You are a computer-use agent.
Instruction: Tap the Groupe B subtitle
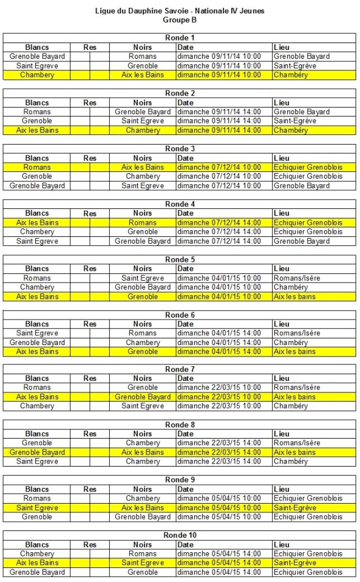click(180, 19)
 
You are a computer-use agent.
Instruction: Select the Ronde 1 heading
click(180, 38)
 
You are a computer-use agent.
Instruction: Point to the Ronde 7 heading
click(180, 369)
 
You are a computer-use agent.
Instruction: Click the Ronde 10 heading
click(180, 535)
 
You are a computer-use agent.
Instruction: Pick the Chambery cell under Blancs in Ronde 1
click(37, 75)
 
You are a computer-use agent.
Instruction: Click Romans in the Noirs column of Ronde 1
click(143, 56)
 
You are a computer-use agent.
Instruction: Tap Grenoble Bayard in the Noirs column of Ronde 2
click(143, 112)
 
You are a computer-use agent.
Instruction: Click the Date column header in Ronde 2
click(186, 103)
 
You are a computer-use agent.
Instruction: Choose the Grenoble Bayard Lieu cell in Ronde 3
click(302, 185)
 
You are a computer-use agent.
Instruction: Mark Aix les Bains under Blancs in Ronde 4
click(37, 222)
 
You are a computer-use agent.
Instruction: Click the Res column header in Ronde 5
click(90, 269)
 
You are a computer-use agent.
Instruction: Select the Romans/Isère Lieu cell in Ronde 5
click(297, 278)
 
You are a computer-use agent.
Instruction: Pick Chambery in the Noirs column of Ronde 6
click(143, 343)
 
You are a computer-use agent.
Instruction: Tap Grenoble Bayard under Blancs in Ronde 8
click(37, 452)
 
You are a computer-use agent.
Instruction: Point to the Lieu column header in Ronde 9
click(282, 489)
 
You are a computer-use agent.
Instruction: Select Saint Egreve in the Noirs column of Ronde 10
click(143, 563)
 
